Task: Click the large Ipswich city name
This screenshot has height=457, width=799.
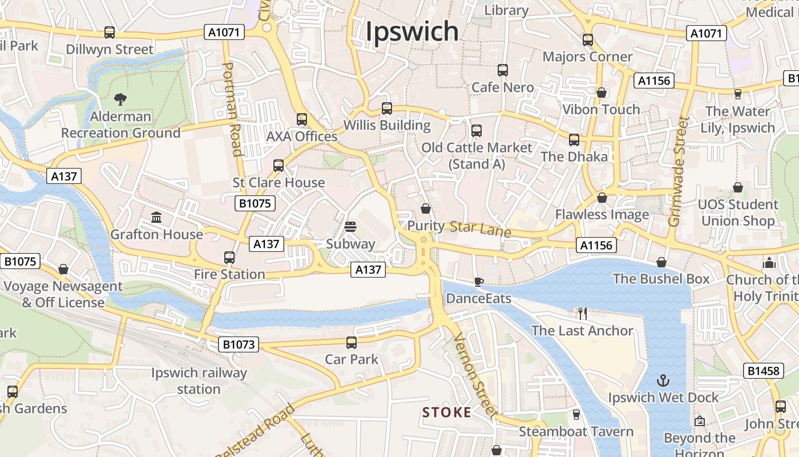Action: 411,31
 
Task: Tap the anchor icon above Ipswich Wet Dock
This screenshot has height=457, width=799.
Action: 663,380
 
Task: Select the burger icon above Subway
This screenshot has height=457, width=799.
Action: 350,227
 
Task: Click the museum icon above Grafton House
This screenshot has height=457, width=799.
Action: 156,217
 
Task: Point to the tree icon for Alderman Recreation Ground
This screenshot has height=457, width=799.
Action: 120,99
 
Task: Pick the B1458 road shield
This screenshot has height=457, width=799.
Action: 764,371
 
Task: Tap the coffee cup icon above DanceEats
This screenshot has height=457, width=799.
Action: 479,281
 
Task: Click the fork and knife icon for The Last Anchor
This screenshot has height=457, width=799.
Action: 582,313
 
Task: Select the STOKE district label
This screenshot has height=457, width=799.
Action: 447,412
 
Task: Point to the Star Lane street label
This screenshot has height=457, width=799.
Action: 480,228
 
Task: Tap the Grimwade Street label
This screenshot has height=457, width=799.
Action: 679,171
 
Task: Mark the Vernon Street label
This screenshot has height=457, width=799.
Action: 475,375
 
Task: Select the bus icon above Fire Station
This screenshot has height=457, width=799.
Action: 229,258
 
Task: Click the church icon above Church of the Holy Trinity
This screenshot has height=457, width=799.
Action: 769,263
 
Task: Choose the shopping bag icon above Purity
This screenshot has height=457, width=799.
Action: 425,209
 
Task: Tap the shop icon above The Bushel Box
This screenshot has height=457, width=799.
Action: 661,262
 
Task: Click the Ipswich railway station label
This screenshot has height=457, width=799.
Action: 199,381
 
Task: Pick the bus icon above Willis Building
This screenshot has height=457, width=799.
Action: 387,108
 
